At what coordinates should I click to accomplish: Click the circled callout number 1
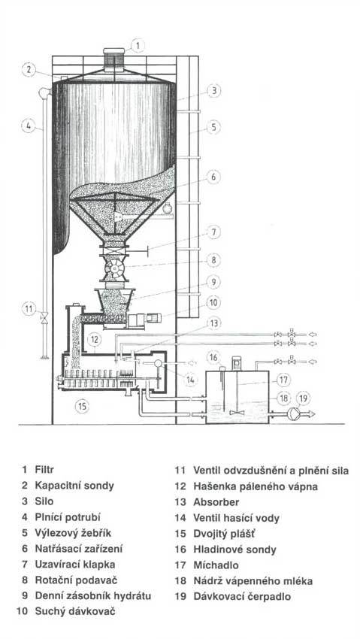pyautogui.click(x=138, y=46)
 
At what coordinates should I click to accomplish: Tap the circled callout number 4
pyautogui.click(x=28, y=126)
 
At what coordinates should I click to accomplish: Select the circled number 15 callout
pyautogui.click(x=82, y=406)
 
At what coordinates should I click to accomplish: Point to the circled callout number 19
pyautogui.click(x=303, y=398)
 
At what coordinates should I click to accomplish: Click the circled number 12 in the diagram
pyautogui.click(x=95, y=339)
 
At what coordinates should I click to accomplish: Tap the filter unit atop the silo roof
pyautogui.click(x=114, y=60)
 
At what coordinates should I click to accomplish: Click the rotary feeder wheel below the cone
pyautogui.click(x=113, y=268)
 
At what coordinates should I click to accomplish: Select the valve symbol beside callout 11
pyautogui.click(x=44, y=316)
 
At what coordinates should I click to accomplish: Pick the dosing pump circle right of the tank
pyautogui.click(x=293, y=413)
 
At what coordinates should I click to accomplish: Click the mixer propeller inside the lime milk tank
pyautogui.click(x=237, y=413)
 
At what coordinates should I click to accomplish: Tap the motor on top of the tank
pyautogui.click(x=237, y=363)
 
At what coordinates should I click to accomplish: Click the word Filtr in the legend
pyautogui.click(x=44, y=470)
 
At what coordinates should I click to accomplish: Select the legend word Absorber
pyautogui.click(x=216, y=501)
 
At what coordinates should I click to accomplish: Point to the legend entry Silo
pyautogui.click(x=44, y=501)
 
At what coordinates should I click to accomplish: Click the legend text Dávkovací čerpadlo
pyautogui.click(x=242, y=597)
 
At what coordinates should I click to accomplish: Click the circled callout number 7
pyautogui.click(x=213, y=232)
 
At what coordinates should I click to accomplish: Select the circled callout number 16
pyautogui.click(x=213, y=357)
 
